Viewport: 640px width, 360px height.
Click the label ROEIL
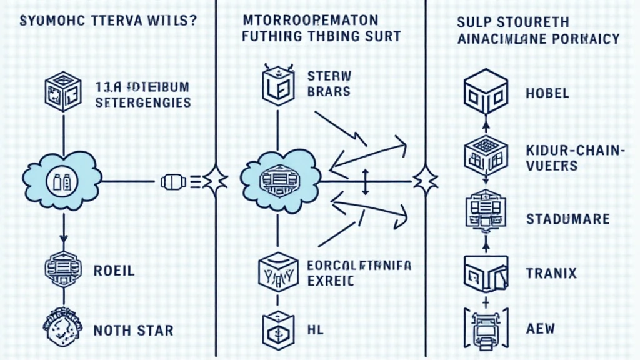114,271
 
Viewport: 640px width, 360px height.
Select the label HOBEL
547,94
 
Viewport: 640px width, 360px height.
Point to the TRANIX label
552,273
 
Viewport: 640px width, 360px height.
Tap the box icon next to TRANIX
485,273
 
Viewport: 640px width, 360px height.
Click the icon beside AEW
485,327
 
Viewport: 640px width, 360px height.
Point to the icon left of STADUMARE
485,212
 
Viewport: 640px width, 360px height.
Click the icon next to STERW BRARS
276,85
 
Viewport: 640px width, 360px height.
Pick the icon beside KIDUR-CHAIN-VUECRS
485,152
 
